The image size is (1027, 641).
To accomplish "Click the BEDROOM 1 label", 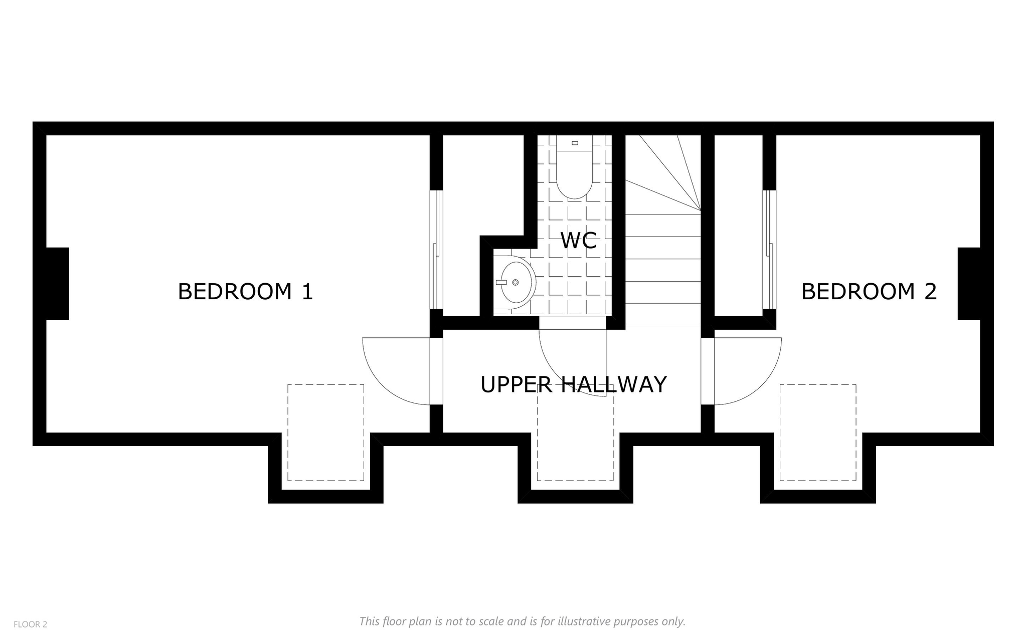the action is (245, 292).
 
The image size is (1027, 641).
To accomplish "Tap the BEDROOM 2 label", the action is (869, 292).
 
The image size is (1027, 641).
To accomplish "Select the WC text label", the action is (579, 241).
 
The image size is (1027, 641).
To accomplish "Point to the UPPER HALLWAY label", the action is (574, 384).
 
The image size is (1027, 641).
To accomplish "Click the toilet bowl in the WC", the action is (575, 173).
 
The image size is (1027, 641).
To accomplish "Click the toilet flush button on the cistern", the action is (575, 143).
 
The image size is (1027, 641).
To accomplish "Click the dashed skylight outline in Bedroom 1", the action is (326, 385).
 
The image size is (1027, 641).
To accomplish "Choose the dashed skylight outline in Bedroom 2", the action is (818, 385).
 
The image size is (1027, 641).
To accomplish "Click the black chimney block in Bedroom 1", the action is (58, 284).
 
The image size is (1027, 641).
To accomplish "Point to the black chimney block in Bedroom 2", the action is (969, 284).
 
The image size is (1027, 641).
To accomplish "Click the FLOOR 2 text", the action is (30, 624).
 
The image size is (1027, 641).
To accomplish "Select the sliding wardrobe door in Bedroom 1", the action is (436, 249).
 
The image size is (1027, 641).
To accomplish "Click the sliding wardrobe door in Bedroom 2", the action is (769, 249).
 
